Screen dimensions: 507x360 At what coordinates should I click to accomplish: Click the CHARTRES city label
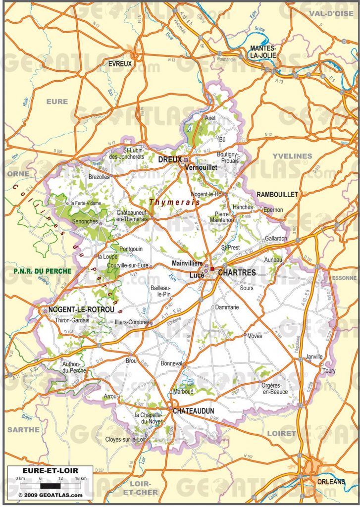[237, 273]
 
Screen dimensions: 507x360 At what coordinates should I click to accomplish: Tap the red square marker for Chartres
[212, 269]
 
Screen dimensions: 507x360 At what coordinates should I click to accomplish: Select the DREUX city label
[170, 160]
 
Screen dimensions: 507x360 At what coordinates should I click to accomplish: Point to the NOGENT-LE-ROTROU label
[82, 310]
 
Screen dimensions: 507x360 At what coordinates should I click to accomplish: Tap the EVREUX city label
[120, 64]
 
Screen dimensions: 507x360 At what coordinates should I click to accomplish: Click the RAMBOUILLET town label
[277, 195]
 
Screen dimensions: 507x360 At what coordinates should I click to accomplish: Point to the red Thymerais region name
[175, 202]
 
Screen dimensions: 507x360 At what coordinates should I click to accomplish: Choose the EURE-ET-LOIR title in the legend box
[44, 470]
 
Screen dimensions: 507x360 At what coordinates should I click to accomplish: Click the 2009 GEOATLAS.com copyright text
[50, 495]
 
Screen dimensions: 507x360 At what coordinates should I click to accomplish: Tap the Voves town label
[255, 336]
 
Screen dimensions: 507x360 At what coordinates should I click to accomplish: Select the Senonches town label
[85, 221]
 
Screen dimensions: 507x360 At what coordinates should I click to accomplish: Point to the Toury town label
[329, 371]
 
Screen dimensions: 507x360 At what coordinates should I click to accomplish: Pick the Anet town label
[211, 118]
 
